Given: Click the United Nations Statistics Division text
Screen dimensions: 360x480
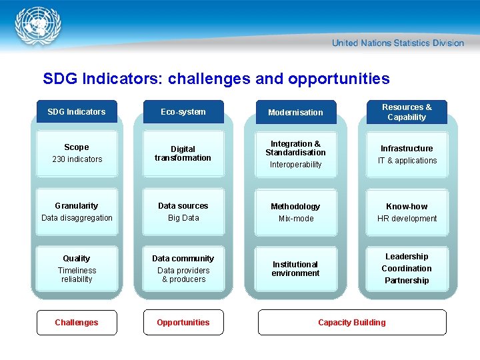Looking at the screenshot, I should (397, 43).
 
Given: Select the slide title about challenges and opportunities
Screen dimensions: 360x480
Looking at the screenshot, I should (216, 79).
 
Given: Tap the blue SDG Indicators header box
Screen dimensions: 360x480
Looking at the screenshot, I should (77, 112).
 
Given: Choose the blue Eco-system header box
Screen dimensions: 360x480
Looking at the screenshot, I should (183, 112).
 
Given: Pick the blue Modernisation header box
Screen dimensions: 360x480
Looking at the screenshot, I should (295, 112).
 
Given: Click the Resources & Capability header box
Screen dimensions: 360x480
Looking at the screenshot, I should (407, 112).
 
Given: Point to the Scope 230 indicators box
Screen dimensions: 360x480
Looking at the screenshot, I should (77, 153).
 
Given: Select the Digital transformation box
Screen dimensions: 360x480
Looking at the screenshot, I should (183, 153).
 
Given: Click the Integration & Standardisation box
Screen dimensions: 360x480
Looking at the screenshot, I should (295, 153).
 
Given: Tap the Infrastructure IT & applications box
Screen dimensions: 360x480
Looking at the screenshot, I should (407, 154).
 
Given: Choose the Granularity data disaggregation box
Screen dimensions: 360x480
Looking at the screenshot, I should (77, 212).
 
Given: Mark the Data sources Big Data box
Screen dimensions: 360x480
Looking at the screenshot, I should (183, 212).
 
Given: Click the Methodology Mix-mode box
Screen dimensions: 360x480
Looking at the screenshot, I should (295, 212).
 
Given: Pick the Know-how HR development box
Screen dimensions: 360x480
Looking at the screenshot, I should (407, 212).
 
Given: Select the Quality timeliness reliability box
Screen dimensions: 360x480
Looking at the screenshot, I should (77, 268).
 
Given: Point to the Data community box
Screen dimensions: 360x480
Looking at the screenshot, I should (183, 268).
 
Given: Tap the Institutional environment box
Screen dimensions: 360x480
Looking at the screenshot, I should (295, 269).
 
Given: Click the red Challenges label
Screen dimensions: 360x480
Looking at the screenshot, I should (77, 323).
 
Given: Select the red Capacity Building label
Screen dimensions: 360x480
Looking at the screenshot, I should (352, 323).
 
